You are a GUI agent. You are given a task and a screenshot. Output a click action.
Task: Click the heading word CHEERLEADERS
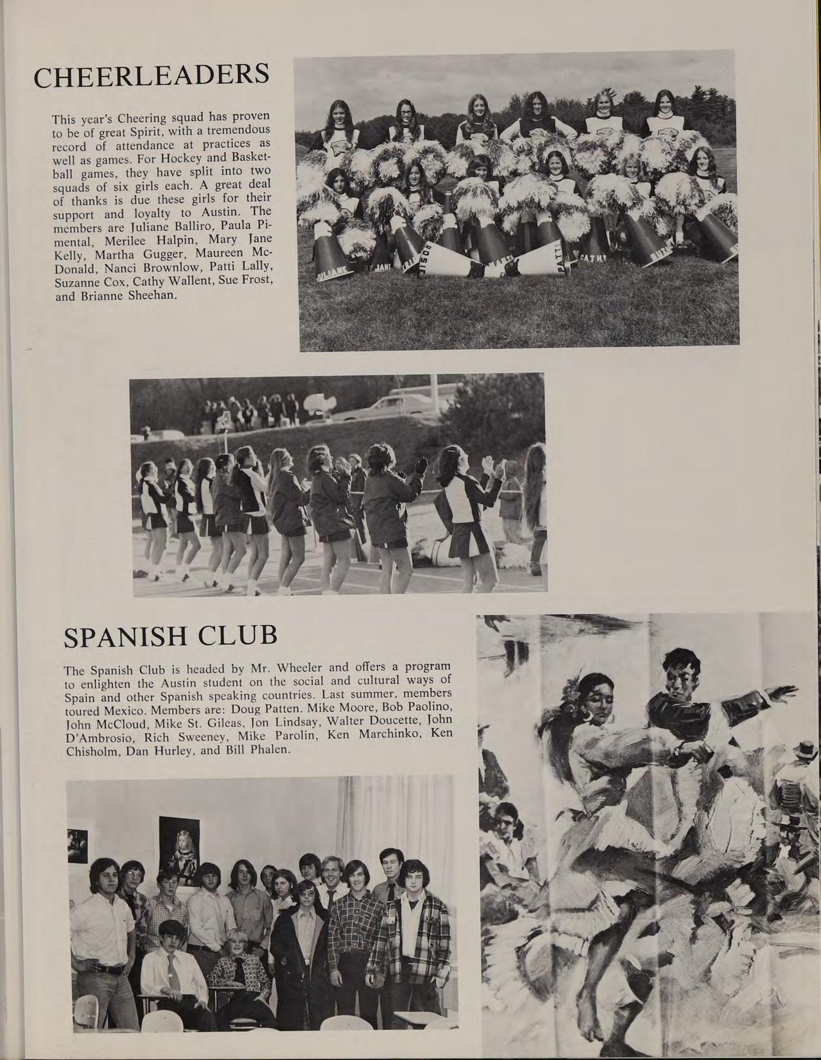151,76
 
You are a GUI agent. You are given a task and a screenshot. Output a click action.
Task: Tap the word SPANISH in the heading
125,637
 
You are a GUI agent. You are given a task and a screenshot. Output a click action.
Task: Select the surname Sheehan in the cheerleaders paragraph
150,296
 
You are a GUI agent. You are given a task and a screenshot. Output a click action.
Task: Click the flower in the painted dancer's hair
572,691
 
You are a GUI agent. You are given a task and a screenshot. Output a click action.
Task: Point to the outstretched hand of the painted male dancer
787,693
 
